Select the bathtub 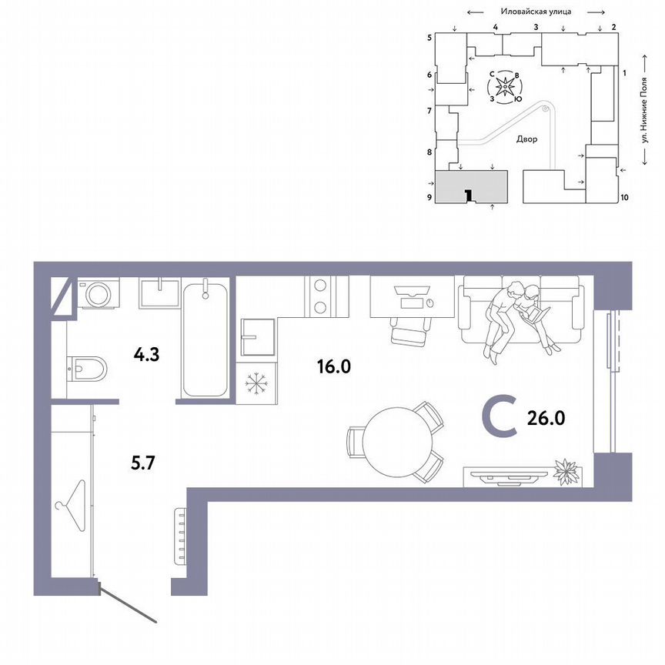tap(205, 338)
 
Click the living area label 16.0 tap(333, 366)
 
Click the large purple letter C tap(499, 418)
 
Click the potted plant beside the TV tap(566, 471)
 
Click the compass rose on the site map tap(505, 88)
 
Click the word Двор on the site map tap(527, 140)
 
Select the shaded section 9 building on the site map tap(472, 186)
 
